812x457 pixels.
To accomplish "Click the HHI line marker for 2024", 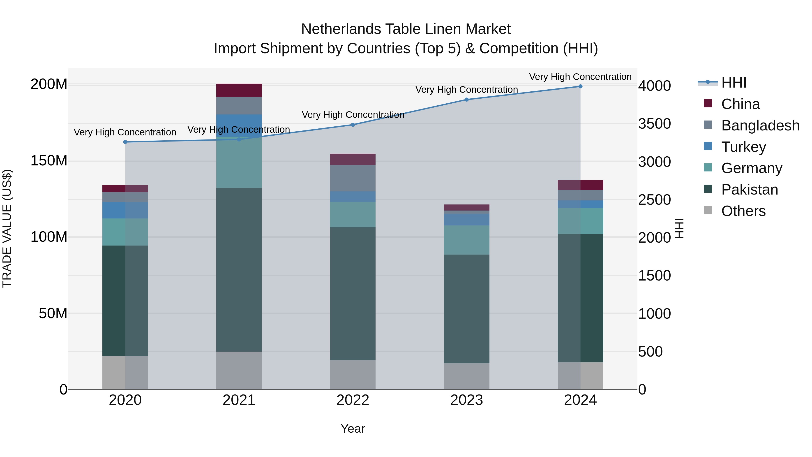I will (580, 86).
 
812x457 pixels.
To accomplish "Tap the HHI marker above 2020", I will (125, 142).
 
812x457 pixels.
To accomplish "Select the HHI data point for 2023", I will (466, 100).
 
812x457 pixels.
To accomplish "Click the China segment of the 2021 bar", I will (239, 90).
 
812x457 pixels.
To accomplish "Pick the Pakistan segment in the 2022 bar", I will (353, 293).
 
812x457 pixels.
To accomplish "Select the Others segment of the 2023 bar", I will (466, 376).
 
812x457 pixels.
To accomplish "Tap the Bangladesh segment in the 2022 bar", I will (353, 178).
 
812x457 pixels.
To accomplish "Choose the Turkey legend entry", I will (743, 147).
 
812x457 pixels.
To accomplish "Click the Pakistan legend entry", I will (749, 190).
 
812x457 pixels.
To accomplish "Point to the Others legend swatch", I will (708, 210).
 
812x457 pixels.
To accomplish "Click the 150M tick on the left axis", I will (49, 161).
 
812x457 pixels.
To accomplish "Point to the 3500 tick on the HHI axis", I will (654, 124).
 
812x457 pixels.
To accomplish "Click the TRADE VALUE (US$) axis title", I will (7, 228).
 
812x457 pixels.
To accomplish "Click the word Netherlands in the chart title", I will (341, 29).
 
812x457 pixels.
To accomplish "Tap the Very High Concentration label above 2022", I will (353, 115).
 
